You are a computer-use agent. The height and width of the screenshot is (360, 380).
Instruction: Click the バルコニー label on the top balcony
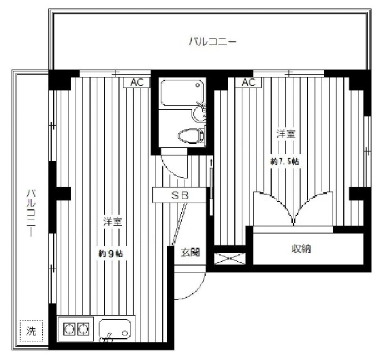click(x=212, y=42)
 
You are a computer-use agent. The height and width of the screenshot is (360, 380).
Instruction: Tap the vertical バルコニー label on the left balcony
click(x=31, y=213)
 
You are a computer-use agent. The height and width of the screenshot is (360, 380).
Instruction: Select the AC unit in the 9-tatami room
click(x=137, y=82)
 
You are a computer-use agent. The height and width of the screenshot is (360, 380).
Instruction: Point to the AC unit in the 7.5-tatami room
click(x=249, y=82)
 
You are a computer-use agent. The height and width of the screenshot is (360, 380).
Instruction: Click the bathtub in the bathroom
click(x=183, y=93)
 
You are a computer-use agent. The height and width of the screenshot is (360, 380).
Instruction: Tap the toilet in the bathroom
click(x=191, y=136)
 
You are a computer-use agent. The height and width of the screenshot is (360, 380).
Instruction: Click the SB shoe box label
click(x=180, y=195)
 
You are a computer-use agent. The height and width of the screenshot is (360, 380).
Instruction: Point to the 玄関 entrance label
click(x=191, y=252)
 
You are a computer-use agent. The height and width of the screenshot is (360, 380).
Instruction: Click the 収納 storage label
click(x=301, y=249)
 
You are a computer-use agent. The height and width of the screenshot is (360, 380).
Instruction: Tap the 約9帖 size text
click(x=110, y=254)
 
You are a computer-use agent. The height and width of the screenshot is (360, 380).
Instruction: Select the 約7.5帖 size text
click(x=285, y=162)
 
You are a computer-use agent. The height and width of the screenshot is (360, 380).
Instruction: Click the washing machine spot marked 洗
click(x=31, y=331)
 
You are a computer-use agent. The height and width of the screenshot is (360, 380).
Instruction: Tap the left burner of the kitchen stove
click(x=69, y=329)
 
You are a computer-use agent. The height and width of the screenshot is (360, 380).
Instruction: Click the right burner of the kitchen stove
click(x=83, y=329)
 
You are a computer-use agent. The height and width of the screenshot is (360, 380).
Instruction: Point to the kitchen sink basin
click(x=115, y=329)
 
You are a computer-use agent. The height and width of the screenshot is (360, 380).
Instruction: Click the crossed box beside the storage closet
click(x=229, y=258)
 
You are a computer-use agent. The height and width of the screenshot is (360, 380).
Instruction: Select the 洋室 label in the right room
click(x=287, y=134)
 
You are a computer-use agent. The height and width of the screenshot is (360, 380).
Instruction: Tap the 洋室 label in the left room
click(x=112, y=222)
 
